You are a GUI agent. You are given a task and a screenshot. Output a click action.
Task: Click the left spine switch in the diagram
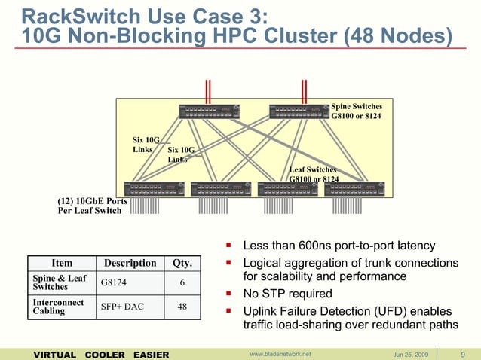tap(209, 111)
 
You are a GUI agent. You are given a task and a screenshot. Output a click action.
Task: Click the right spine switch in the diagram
tap(299, 111)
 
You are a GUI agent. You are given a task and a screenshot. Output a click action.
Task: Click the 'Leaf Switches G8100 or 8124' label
tap(314, 174)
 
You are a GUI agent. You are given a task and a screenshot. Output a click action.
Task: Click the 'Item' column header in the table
tap(62, 264)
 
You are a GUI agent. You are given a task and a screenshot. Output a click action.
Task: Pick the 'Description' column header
tap(129, 264)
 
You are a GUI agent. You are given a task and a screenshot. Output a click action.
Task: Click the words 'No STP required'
tap(288, 294)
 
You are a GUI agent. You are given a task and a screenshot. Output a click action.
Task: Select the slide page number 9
tap(461, 353)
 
